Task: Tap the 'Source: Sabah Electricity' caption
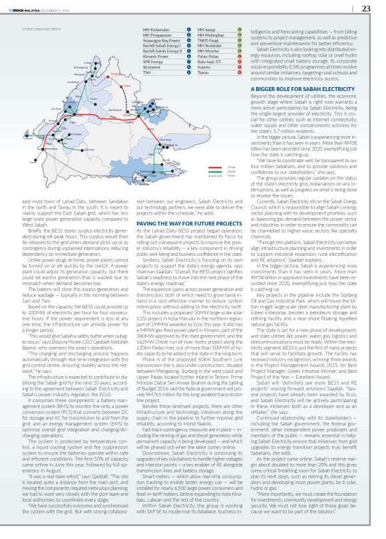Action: click(x=37, y=29)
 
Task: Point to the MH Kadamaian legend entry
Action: click(x=157, y=31)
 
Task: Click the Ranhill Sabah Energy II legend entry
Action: click(x=163, y=51)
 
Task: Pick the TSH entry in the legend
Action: click(x=147, y=72)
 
